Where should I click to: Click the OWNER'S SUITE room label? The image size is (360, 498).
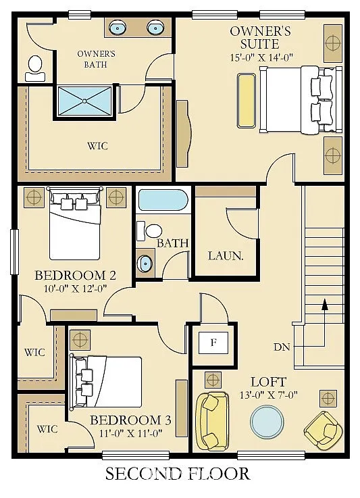pos(260,37)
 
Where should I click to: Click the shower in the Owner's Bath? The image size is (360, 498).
pos(84,101)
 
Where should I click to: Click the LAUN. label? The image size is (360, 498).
pos(225,256)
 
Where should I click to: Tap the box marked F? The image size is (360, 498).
pos(213,343)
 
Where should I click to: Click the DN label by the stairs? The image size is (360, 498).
pos(282,347)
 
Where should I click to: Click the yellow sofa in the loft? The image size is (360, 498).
pos(211,420)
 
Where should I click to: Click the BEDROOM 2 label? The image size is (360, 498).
pos(76,276)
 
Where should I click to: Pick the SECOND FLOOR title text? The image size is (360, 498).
pos(177,474)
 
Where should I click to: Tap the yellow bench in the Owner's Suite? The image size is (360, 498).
pos(247,101)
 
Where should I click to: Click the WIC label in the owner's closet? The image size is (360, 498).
pos(97,146)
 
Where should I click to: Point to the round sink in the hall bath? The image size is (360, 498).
pos(145,262)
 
